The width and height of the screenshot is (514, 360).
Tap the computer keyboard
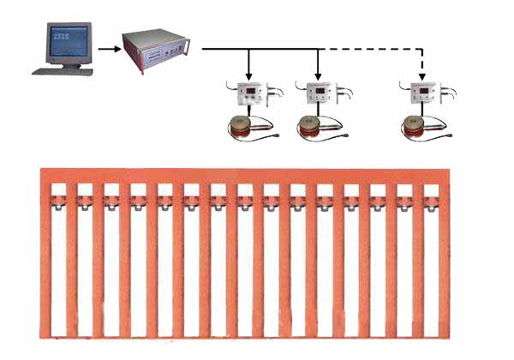click(63, 70)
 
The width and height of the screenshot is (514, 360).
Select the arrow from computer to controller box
click(107, 50)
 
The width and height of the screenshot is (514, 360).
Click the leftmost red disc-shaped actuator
click(248, 127)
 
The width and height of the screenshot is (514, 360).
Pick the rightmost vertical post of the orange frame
click(443, 257)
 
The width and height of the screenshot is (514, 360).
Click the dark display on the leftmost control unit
click(250, 89)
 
